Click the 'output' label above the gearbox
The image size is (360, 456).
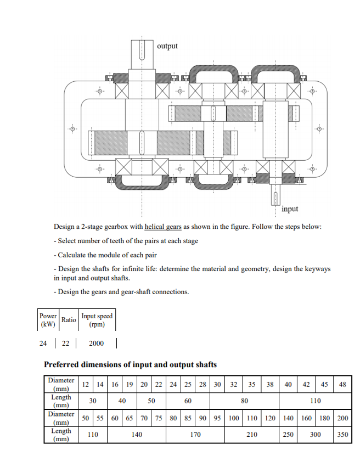[167, 46]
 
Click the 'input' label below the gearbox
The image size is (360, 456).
[290, 209]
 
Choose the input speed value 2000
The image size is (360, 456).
[95, 344]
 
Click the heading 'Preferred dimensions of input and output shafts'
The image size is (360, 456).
[130, 364]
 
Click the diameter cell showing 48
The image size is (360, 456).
[343, 385]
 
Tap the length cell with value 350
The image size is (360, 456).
[343, 435]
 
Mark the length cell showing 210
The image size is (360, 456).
[252, 435]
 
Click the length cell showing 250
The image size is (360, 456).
[289, 435]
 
